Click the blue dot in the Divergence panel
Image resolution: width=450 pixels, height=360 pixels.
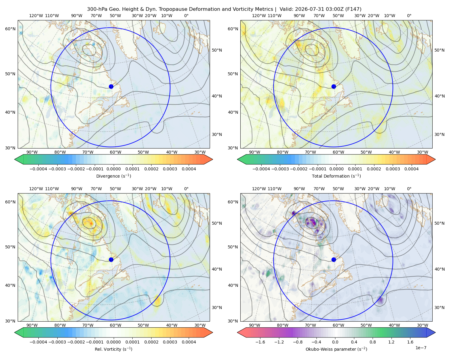click(111, 86)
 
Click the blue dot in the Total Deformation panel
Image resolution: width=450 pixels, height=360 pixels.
click(334, 86)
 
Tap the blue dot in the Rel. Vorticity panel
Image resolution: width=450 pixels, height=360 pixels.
click(111, 259)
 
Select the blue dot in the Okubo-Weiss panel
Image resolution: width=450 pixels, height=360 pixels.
click(334, 259)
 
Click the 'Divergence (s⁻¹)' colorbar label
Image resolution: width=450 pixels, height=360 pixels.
click(113, 176)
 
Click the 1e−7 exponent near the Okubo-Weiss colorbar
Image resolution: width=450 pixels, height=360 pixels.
click(421, 348)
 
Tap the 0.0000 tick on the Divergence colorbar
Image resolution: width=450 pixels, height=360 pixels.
click(113, 169)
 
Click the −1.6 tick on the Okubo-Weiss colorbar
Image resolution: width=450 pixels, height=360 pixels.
click(260, 342)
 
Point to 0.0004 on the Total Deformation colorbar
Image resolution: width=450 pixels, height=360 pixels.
click(412, 169)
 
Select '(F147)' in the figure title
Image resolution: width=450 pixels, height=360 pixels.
click(353, 9)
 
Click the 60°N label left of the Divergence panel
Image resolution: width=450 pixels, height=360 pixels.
click(10, 29)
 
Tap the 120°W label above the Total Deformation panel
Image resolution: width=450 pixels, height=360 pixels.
click(259, 16)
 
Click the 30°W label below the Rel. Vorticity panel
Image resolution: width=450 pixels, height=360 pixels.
click(200, 325)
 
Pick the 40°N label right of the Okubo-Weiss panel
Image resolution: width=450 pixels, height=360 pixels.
click(439, 269)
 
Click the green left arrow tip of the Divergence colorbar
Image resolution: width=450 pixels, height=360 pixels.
click(15, 159)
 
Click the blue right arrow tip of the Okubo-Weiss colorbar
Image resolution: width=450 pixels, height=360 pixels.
click(435, 333)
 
